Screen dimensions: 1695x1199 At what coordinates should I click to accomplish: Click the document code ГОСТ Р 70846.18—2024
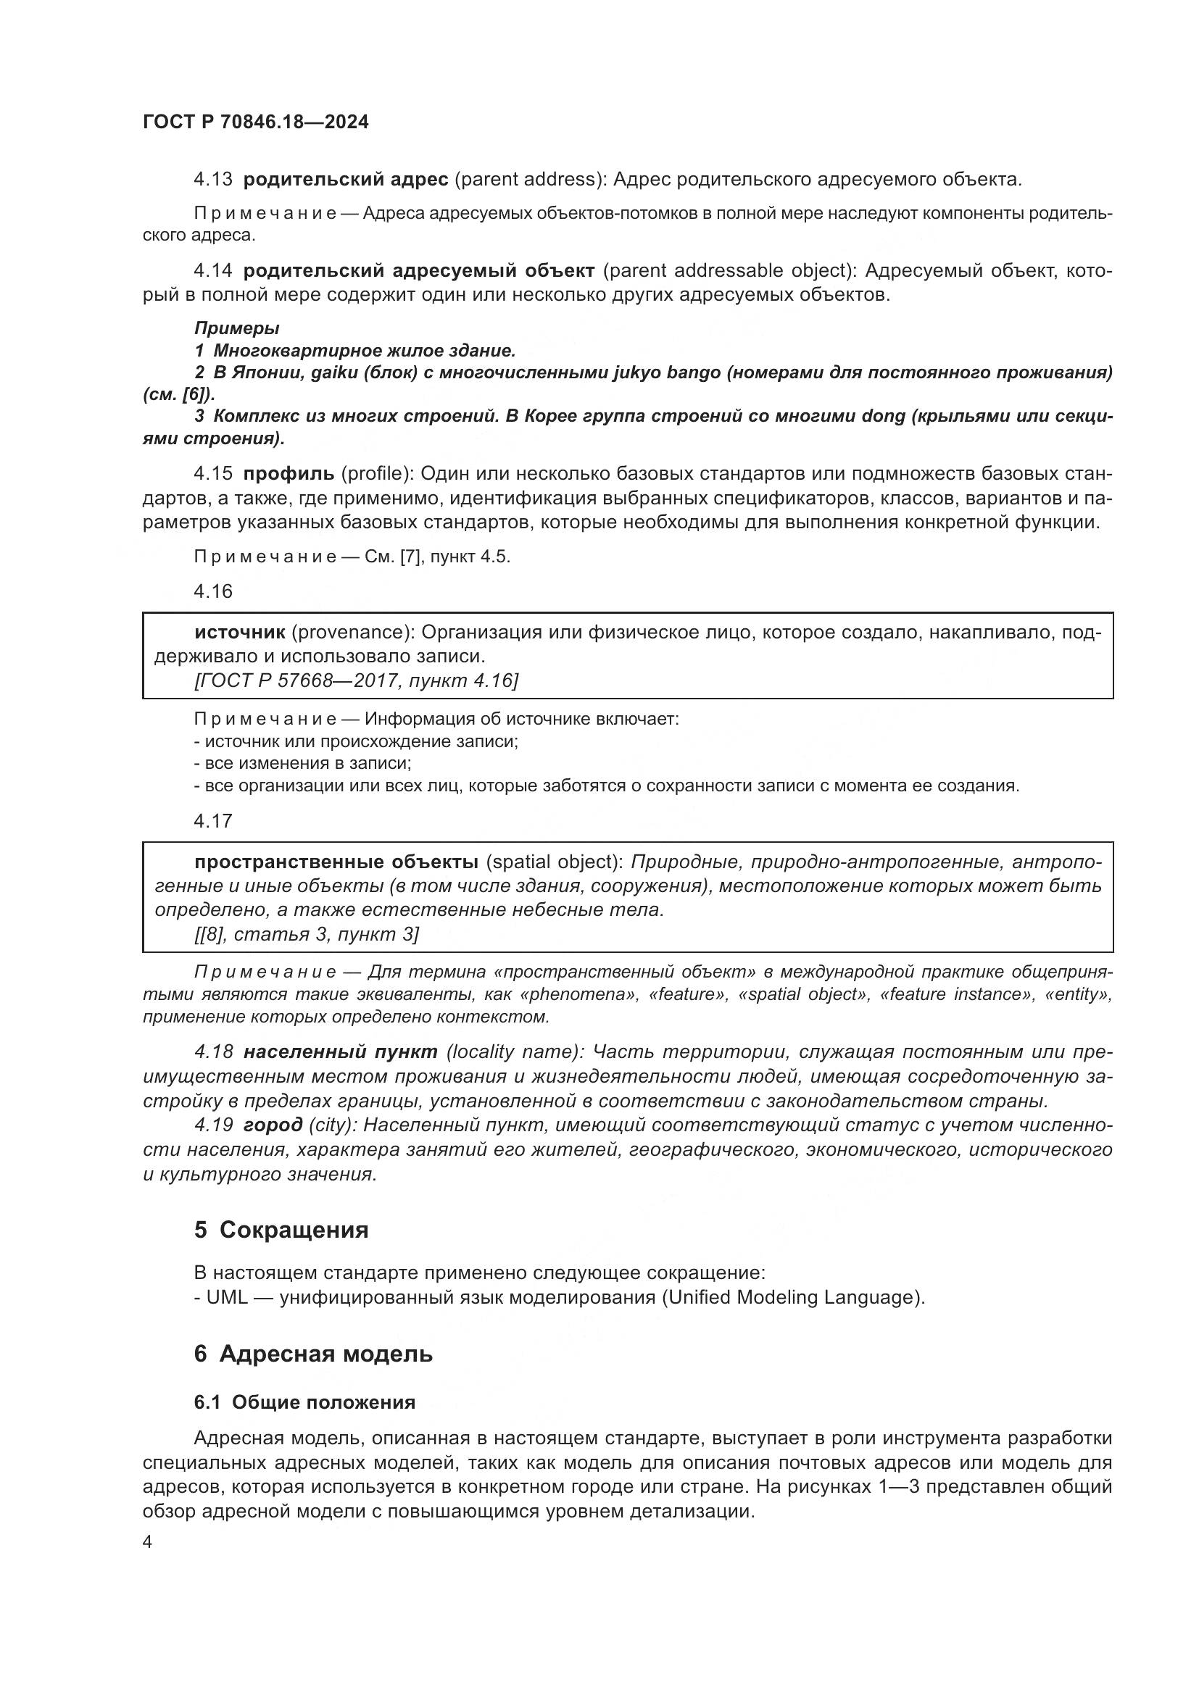pos(255,122)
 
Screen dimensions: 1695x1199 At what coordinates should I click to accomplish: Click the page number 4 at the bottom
pos(148,1542)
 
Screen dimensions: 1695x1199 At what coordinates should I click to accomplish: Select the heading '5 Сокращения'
pos(281,1230)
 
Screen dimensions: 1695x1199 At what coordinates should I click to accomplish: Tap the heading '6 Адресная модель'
pos(313,1354)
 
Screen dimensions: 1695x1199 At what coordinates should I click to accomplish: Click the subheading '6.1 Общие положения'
pos(304,1403)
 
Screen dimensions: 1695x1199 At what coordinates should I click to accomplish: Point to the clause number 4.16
pos(212,591)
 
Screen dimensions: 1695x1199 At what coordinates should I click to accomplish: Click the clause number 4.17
pos(212,821)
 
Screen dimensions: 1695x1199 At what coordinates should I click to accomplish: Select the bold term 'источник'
pos(240,632)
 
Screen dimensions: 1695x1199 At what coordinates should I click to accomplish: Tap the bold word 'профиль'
pos(289,473)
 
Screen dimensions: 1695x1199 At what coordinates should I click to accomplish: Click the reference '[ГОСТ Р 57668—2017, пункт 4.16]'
pos(356,680)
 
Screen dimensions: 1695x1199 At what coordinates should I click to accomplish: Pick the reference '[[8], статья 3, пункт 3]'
pos(307,935)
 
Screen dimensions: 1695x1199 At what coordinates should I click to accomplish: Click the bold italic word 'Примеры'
pos(236,328)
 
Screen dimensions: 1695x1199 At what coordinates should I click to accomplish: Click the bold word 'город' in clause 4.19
pos(273,1125)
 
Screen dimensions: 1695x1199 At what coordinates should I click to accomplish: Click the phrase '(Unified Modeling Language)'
pos(792,1298)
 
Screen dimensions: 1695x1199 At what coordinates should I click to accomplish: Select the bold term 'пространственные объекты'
pos(336,862)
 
